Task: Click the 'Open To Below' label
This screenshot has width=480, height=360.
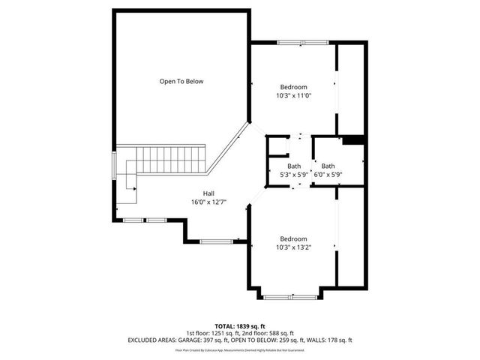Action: coord(181,81)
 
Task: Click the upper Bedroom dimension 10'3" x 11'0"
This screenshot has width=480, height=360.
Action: coord(293,95)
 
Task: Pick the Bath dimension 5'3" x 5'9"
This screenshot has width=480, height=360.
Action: coord(294,175)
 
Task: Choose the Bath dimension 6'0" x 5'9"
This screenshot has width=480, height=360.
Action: coord(328,175)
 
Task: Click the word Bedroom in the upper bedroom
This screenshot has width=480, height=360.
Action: coord(293,87)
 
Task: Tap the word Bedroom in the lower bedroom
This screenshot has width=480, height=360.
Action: coord(293,238)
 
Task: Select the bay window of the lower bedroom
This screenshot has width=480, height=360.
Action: coord(291,298)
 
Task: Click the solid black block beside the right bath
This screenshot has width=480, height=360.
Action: coord(352,139)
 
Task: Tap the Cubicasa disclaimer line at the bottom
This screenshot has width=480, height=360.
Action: coord(240,349)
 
